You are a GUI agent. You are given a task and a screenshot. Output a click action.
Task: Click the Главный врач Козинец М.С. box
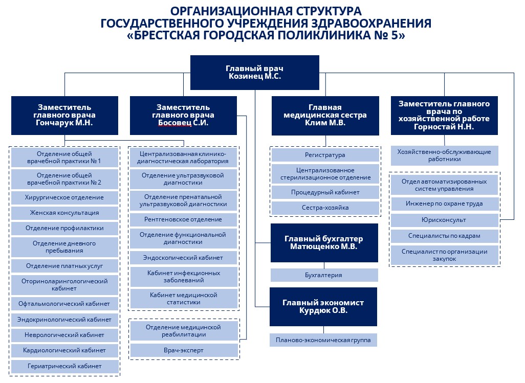coord(254,72)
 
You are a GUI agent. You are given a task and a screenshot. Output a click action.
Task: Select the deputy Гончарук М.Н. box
coord(64,116)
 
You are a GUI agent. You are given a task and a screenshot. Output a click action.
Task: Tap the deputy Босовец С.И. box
coord(183,116)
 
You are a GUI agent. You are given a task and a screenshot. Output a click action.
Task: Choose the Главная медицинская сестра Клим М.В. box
coord(325,116)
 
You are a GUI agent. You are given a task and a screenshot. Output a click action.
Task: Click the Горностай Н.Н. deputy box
coord(444,116)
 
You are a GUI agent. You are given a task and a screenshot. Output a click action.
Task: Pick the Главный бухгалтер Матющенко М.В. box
coord(324,243)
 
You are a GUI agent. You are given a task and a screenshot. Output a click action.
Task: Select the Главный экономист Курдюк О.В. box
coord(323,307)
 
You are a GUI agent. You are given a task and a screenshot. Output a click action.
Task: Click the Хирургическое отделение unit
coord(64,198)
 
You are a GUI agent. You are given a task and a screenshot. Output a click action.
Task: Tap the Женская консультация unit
coord(64,213)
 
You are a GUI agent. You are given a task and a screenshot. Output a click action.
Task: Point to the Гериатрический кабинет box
coord(64,366)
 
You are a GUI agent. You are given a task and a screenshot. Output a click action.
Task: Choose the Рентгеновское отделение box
coord(183,220)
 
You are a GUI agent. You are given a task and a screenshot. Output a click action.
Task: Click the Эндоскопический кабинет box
coord(183,258)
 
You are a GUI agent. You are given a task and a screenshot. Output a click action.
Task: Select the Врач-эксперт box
coord(184,351)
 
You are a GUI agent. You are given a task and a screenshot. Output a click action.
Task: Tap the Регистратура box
coord(325,155)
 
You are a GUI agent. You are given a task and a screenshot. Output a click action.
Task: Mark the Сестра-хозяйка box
coord(325,208)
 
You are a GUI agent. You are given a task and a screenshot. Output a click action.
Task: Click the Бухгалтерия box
coord(324,275)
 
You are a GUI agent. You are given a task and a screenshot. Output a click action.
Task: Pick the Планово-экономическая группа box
coord(323,340)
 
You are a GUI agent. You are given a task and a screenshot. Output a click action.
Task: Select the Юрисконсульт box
coord(444,220)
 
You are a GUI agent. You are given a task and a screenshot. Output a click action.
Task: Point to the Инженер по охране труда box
coord(444,204)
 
